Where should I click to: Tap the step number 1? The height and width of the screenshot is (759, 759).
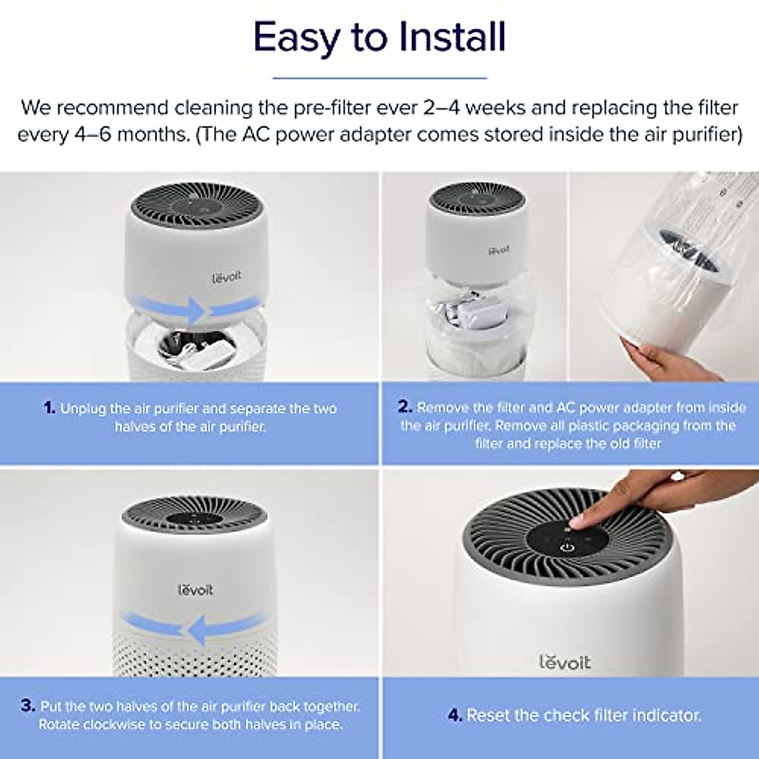[50, 408]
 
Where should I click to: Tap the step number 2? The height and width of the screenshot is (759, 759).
[405, 407]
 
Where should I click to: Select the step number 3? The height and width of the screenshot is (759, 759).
[27, 706]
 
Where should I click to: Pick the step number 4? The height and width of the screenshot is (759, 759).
[455, 715]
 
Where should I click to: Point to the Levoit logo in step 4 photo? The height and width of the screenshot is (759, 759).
[565, 662]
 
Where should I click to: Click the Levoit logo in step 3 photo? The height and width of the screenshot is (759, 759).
[195, 589]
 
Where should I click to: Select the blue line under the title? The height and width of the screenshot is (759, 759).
[379, 78]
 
